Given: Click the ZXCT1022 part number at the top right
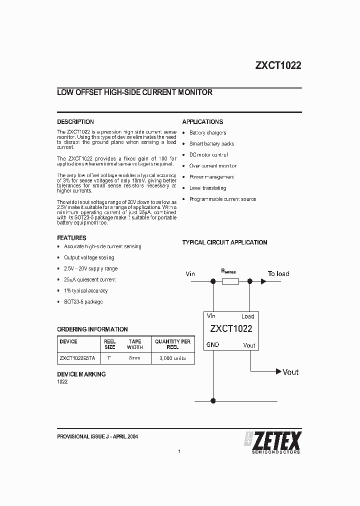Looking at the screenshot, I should point(278,65).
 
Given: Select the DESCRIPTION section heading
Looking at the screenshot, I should point(75,121).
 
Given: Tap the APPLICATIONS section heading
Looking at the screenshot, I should point(202,121).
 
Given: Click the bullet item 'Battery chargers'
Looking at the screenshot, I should point(207,133).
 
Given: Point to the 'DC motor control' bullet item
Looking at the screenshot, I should point(208,155).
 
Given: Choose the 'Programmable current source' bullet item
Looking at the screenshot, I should point(222,199).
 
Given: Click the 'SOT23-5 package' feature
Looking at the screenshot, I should point(83,302).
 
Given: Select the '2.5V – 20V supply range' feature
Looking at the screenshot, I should point(90,268).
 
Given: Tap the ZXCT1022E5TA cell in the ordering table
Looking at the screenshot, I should point(77,358).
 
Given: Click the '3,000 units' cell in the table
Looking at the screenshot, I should point(172,358).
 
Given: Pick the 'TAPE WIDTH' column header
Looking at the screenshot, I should point(134,344).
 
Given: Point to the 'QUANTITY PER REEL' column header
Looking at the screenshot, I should point(172,344).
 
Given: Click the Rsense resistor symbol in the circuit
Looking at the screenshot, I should point(229,282).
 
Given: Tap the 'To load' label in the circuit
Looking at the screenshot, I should point(278,273).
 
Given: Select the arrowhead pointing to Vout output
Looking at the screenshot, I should point(278,371).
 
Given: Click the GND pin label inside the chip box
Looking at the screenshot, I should point(212,345).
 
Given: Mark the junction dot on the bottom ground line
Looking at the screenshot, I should point(213,400).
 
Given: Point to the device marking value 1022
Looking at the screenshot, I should point(62,382).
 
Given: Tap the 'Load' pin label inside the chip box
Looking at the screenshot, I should point(247,316).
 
